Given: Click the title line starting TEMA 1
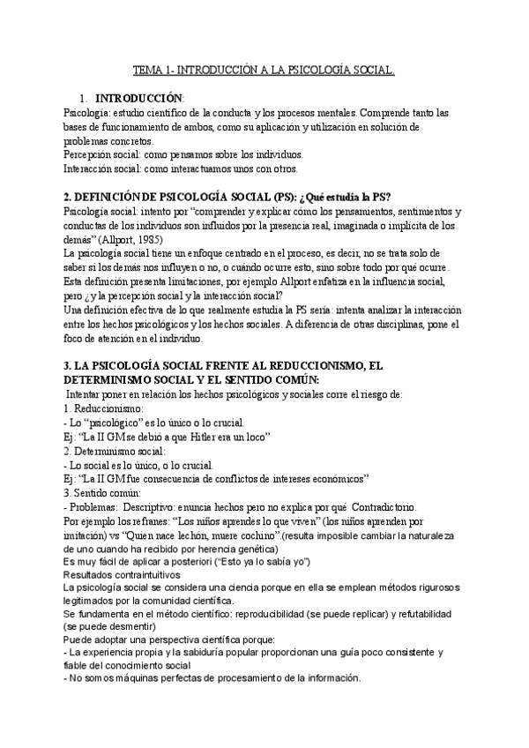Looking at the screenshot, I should point(264,68).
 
